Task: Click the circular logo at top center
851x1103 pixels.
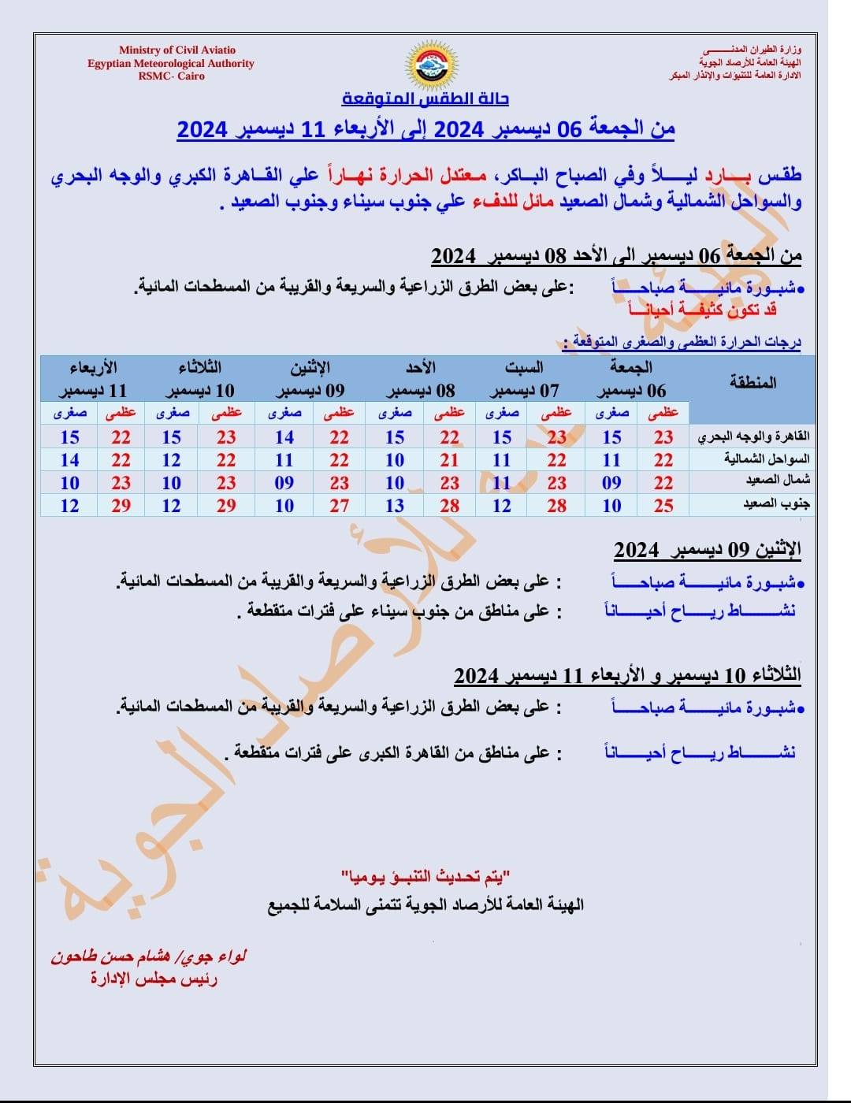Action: (x=425, y=64)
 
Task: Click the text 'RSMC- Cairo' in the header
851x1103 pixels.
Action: (x=171, y=76)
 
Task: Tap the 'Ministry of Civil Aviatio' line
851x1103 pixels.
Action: (x=177, y=50)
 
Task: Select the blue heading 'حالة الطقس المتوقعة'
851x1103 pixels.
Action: (x=425, y=98)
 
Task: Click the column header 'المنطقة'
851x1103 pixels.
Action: (x=753, y=383)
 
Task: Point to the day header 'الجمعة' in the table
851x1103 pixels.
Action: (x=631, y=367)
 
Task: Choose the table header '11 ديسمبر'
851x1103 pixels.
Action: (x=92, y=391)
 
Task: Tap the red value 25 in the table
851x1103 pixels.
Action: (x=663, y=506)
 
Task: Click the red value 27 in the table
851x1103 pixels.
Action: (x=340, y=506)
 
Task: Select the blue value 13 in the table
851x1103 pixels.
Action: (x=395, y=506)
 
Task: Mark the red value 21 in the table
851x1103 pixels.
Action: (x=449, y=460)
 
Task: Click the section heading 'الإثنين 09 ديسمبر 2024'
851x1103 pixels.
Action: (x=707, y=549)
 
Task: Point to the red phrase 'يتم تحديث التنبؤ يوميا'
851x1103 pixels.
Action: (x=426, y=876)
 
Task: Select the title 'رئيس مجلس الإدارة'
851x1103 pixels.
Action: (x=154, y=979)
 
